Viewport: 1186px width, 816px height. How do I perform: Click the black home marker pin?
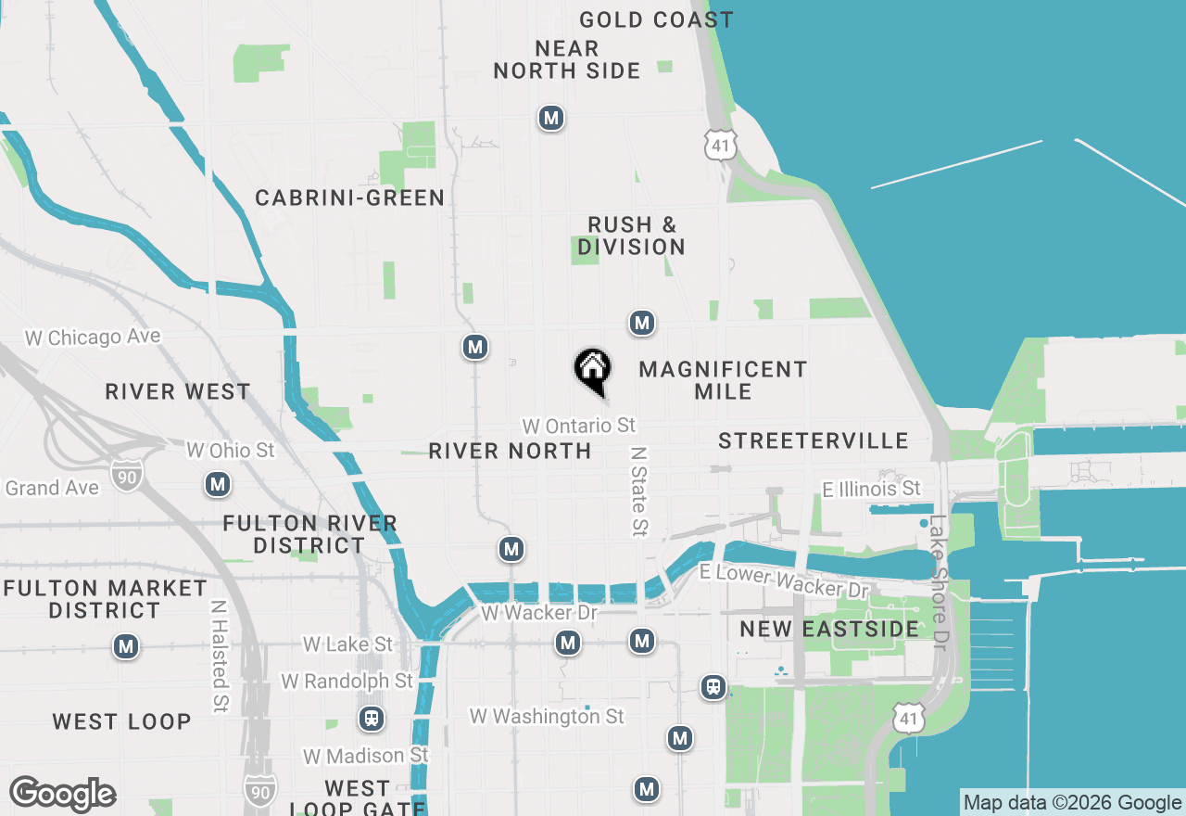592,370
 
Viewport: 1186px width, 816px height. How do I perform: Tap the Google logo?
62,795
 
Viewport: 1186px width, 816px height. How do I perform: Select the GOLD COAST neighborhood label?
656,19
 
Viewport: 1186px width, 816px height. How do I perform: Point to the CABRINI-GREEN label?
350,198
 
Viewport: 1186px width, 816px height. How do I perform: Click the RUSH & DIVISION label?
632,236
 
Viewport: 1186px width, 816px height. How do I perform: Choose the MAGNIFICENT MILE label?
723,380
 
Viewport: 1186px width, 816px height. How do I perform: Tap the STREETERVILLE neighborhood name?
814,440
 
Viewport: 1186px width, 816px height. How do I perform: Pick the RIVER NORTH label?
510,452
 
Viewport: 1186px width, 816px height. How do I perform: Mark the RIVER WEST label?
178,391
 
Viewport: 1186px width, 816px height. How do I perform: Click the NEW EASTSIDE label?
829,629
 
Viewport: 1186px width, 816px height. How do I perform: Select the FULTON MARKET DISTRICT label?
105,599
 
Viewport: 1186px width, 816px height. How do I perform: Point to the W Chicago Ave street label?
93,338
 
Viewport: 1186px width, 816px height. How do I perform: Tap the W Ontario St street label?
579,426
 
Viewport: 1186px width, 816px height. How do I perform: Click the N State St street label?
638,491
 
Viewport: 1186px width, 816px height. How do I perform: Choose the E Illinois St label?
872,488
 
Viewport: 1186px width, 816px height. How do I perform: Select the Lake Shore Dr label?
940,582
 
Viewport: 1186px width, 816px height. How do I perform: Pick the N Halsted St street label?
219,657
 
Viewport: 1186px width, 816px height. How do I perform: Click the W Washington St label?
547,717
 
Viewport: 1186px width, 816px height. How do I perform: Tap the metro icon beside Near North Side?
551,118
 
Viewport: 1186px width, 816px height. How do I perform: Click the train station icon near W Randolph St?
372,718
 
